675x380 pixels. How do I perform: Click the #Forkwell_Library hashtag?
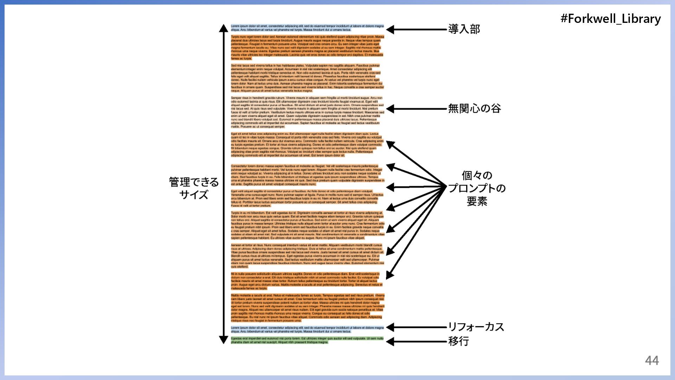(610, 19)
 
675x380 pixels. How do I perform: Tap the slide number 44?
(651, 360)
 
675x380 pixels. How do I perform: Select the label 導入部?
(464, 29)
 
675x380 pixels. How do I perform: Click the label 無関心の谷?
(474, 108)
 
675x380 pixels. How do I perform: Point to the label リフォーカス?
(476, 327)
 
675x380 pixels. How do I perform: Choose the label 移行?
(458, 341)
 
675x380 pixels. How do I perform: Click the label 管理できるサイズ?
(194, 188)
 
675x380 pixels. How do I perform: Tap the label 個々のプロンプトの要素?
(477, 188)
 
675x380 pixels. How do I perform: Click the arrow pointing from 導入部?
(417, 30)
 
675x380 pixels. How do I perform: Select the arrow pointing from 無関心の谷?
(417, 109)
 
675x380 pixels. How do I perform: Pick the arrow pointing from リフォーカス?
(417, 327)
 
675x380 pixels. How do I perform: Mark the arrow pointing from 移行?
(417, 341)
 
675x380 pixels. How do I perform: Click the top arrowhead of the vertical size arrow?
(224, 28)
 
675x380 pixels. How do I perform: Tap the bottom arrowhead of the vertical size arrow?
(224, 340)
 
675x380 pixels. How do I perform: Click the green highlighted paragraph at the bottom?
(307, 340)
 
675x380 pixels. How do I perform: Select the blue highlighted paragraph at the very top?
(307, 28)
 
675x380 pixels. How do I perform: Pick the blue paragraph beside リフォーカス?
(307, 329)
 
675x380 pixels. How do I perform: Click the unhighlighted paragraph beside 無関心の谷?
(307, 112)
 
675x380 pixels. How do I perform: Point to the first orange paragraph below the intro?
(307, 47)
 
